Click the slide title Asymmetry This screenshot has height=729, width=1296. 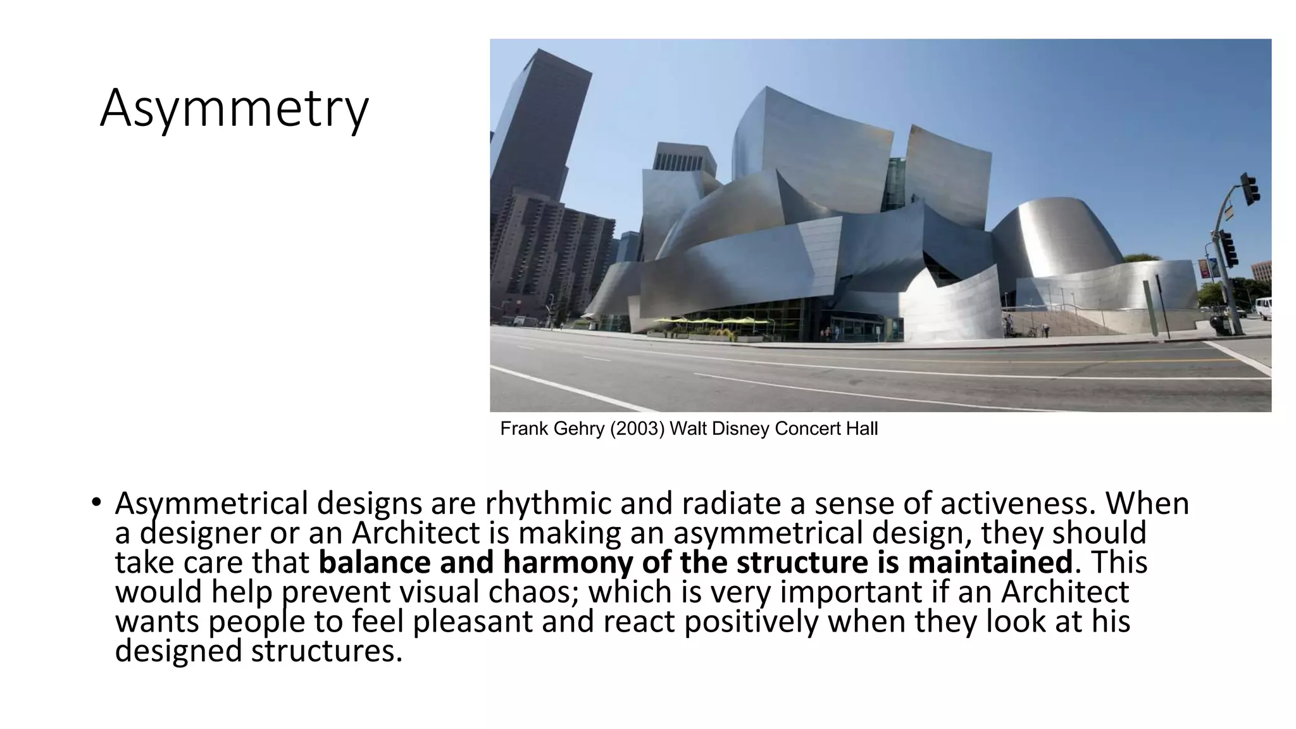[234, 109]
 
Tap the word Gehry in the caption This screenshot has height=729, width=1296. [578, 429]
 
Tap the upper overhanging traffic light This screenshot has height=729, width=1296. [1249, 189]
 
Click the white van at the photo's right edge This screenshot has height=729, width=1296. [1263, 308]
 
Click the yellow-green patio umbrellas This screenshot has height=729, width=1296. [715, 322]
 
